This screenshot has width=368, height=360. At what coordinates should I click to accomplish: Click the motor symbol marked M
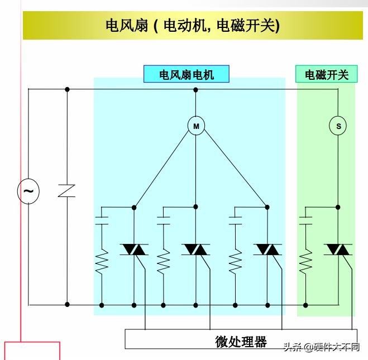click(196, 126)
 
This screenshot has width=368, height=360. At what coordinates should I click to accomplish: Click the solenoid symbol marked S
click(338, 126)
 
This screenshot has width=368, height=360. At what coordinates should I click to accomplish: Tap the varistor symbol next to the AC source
click(67, 190)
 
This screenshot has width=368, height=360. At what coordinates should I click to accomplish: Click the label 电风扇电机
click(187, 75)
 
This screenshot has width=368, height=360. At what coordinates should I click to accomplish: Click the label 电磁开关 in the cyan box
click(326, 75)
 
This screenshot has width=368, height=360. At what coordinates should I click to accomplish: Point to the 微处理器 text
click(241, 341)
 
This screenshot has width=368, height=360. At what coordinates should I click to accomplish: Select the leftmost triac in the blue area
click(134, 249)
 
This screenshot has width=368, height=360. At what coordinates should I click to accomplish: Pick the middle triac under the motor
click(196, 249)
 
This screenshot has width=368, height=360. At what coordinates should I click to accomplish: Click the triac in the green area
click(338, 249)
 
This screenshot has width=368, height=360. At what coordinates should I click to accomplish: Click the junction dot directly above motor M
click(196, 89)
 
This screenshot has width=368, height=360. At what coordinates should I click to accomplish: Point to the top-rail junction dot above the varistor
click(67, 89)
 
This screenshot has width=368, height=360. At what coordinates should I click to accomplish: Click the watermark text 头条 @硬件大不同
click(321, 347)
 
